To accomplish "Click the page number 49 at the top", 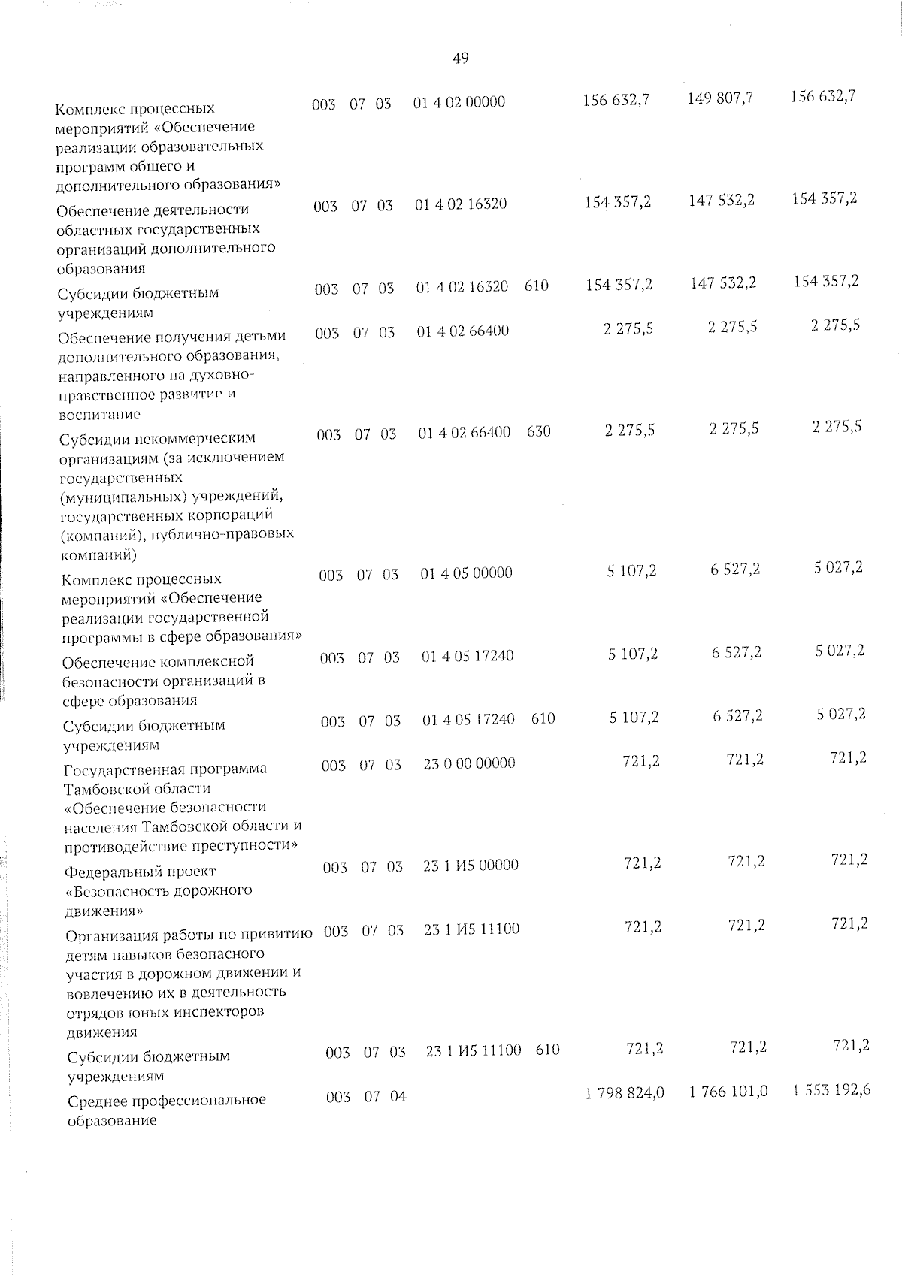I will coord(461,59).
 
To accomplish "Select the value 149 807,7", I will coord(720,98).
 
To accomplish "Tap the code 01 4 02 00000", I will coord(459,102).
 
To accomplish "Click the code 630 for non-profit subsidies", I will coord(539,432).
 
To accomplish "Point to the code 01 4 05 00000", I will coord(466,573).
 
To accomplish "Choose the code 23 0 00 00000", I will coord(469,763).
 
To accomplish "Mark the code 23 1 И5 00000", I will coord(471,865).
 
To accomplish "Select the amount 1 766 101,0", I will coord(728,1091).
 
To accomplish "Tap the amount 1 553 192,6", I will coord(831,1089).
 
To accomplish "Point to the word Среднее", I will coord(97,1101).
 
